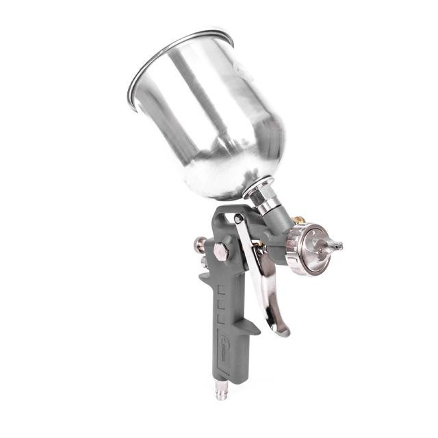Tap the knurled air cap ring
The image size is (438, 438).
coord(299,250)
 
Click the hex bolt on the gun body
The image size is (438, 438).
coord(221,251)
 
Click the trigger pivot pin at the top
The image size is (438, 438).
coord(237,218)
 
